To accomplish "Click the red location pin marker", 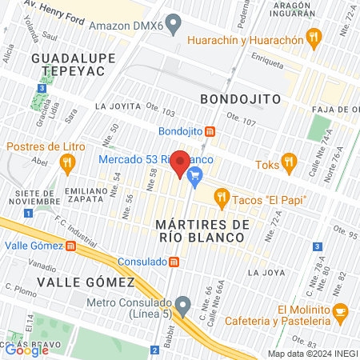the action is tap(181, 163).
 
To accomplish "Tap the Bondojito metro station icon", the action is tap(209, 131).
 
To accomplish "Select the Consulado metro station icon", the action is tap(174, 262).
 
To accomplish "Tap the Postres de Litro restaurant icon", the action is tap(67, 161).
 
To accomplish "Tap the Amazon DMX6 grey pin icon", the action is tap(171, 24).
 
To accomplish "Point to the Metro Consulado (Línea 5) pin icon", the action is tap(183, 304).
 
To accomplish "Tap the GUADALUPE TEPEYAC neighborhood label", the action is tap(68, 65).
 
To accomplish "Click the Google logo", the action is tap(26, 349).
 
